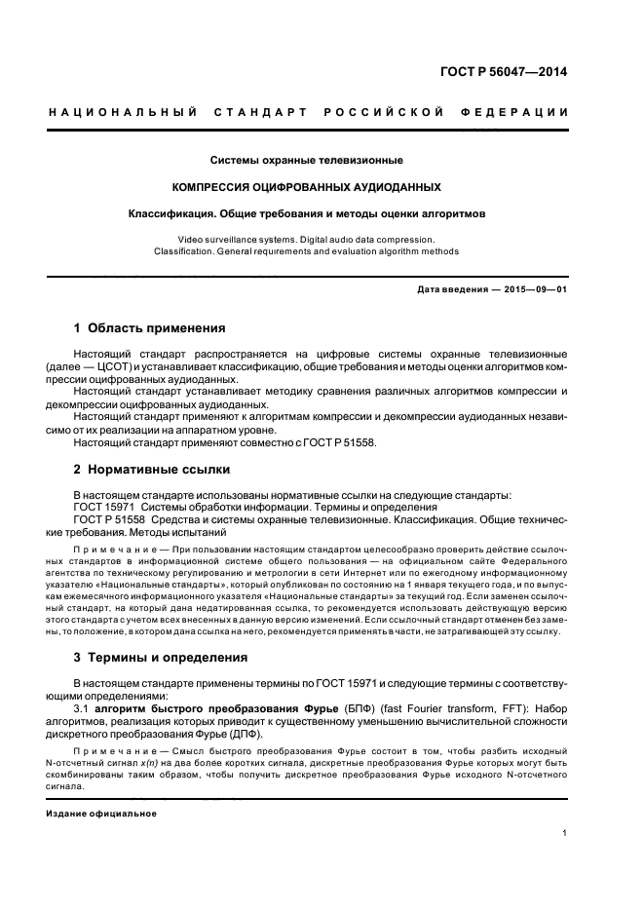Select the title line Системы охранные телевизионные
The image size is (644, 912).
pos(307,160)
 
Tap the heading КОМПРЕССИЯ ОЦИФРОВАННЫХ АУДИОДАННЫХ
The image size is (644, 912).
pos(307,186)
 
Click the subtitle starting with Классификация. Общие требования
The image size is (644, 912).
pos(307,212)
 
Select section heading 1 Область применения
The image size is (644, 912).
pos(150,328)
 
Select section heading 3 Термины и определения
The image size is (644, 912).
pos(161,658)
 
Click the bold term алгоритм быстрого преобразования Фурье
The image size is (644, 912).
pos(209,708)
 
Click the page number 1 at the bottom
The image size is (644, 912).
pos(565,833)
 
